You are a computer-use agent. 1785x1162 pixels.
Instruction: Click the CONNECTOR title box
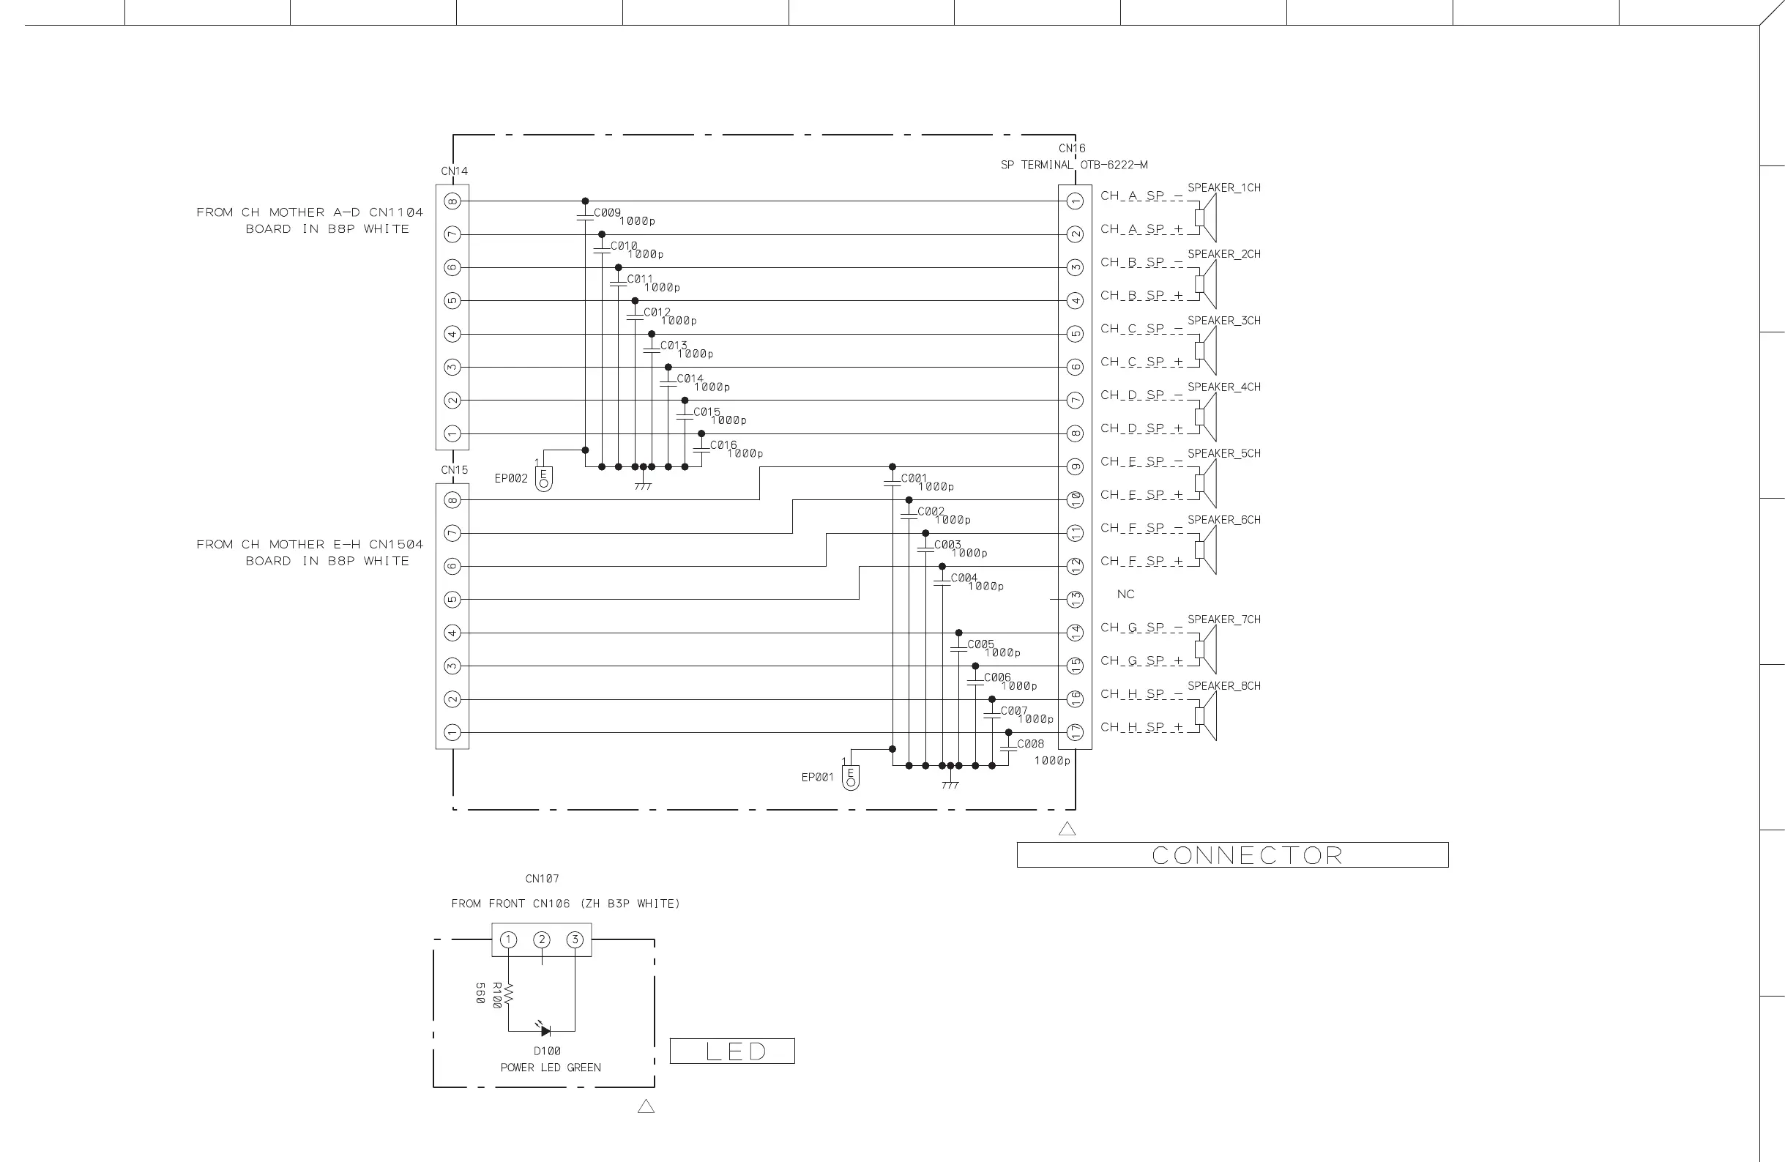click(x=1232, y=855)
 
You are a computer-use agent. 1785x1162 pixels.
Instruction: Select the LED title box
click(x=731, y=1051)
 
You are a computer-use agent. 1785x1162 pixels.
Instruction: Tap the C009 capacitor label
click(x=607, y=212)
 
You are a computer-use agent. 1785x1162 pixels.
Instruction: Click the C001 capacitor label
click(x=914, y=478)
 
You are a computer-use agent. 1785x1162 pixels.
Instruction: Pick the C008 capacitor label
click(x=1030, y=744)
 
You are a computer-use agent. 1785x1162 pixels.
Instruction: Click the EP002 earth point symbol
click(x=544, y=479)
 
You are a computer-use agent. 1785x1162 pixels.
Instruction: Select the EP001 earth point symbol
click(x=851, y=778)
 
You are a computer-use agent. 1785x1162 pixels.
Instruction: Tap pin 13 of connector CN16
click(x=1075, y=600)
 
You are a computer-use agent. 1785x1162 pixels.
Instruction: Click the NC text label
click(x=1125, y=594)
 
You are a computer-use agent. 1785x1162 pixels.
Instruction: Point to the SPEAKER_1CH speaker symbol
click(x=1204, y=217)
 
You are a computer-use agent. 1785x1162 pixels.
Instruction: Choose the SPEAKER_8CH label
click(x=1223, y=685)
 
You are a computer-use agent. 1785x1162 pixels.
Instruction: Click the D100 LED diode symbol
click(x=545, y=1031)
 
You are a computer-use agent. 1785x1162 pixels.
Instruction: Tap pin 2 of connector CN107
click(x=542, y=940)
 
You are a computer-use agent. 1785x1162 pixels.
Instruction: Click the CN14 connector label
click(x=454, y=171)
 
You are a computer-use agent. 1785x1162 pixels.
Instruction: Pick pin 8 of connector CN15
click(x=452, y=499)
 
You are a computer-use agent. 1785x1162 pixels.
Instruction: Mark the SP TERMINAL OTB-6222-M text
click(x=1073, y=165)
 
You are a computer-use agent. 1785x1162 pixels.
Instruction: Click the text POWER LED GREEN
click(x=551, y=1068)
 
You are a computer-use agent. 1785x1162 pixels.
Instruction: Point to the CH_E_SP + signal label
click(x=1141, y=495)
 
